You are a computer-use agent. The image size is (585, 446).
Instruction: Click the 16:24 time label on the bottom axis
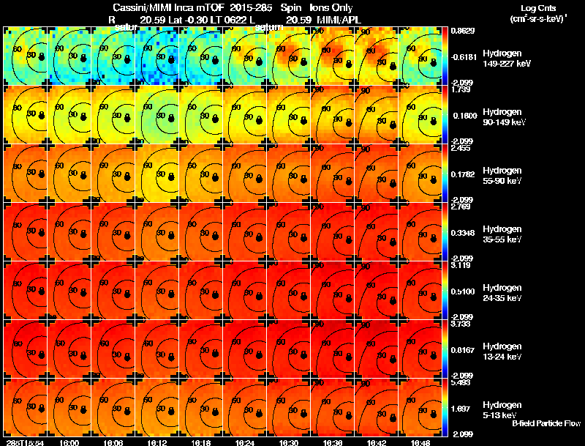coord(245,442)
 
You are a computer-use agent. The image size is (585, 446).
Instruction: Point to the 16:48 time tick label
coord(420,442)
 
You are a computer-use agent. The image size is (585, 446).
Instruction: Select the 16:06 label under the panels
coord(113,442)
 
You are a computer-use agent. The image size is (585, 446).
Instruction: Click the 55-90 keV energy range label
coord(501,181)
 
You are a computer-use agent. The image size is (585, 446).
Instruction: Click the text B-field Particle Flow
coord(546,423)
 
